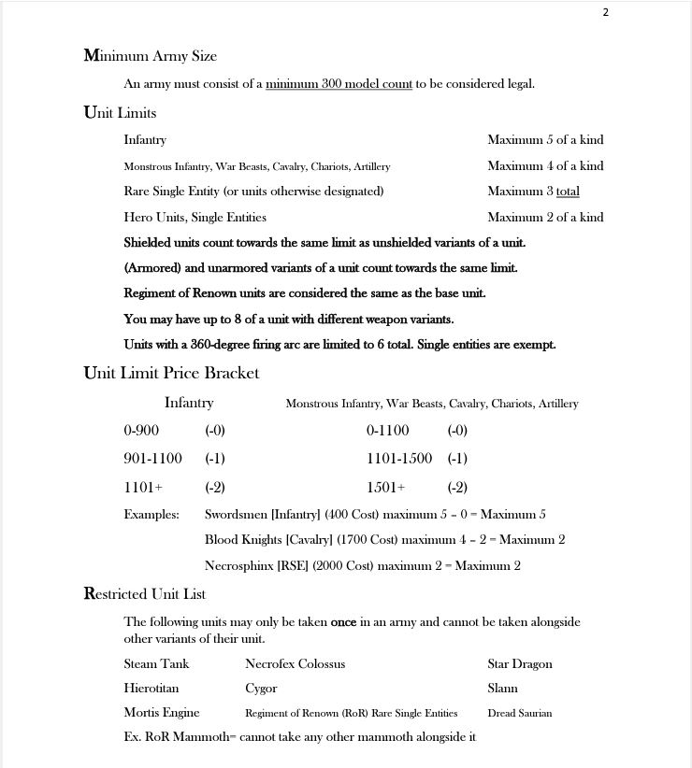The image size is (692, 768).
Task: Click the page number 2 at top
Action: pyautogui.click(x=606, y=12)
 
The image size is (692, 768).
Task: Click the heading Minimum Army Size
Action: pyautogui.click(x=150, y=56)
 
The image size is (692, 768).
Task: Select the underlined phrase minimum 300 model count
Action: pyautogui.click(x=339, y=84)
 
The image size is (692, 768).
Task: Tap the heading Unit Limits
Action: pyautogui.click(x=120, y=113)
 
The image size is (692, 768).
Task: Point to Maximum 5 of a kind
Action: pyautogui.click(x=545, y=140)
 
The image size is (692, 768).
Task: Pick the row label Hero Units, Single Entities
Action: pyautogui.click(x=195, y=218)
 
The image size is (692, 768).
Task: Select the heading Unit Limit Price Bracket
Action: pyautogui.click(x=171, y=373)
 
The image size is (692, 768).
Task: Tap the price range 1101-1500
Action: pyautogui.click(x=399, y=459)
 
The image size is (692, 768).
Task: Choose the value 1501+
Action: pyautogui.click(x=386, y=488)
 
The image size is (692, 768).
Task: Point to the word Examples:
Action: pyautogui.click(x=151, y=515)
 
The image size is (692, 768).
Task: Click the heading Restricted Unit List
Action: pyautogui.click(x=145, y=594)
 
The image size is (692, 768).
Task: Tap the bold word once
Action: pyautogui.click(x=343, y=622)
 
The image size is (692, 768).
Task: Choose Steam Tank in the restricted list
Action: pyautogui.click(x=156, y=664)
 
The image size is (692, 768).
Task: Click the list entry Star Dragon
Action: pyautogui.click(x=520, y=664)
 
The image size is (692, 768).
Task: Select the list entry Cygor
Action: pyautogui.click(x=261, y=689)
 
